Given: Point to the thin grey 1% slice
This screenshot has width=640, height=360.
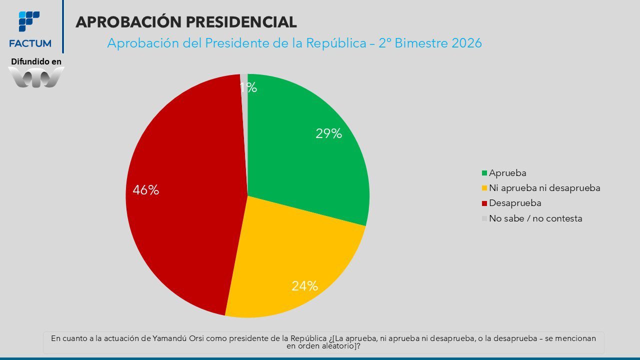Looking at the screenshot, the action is (243, 114).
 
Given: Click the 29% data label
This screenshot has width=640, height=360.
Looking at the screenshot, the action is (328, 133).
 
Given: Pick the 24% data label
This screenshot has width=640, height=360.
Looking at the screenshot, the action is (304, 285).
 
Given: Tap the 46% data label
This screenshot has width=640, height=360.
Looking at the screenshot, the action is (145, 190).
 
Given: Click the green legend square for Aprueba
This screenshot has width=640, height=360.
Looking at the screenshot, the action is (484, 173).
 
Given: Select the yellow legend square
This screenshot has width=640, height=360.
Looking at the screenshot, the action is (484, 188).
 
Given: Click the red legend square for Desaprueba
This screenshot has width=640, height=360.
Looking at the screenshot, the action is (484, 203).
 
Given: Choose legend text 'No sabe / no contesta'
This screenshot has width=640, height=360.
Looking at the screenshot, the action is (535, 218).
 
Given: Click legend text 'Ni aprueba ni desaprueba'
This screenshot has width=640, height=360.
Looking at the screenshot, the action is (544, 188).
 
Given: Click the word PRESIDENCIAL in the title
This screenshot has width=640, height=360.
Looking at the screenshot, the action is (241, 22).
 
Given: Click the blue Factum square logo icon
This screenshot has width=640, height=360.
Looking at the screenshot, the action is (29, 21).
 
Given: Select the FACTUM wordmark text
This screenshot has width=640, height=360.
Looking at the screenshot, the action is (30, 43).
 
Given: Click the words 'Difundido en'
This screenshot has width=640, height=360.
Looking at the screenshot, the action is (36, 61).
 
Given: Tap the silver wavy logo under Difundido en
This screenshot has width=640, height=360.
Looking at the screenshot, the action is (36, 77).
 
